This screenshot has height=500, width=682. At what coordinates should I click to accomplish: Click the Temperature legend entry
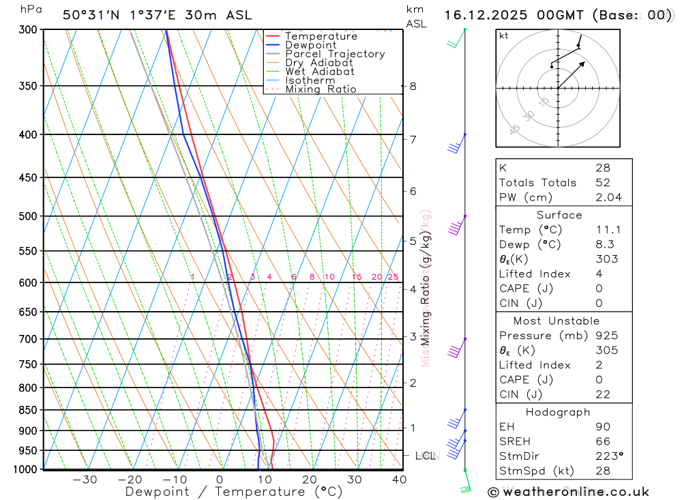(x=321, y=37)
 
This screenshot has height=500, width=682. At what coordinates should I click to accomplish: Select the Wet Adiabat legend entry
(x=319, y=72)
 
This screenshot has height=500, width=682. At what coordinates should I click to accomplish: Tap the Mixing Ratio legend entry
(x=321, y=89)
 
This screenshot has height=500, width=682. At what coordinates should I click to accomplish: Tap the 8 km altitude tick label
(x=413, y=87)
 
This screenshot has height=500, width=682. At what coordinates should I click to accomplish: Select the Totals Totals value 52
(x=602, y=183)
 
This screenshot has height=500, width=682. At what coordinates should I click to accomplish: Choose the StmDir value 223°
(x=608, y=456)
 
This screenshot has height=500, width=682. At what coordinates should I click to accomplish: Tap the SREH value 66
(x=602, y=441)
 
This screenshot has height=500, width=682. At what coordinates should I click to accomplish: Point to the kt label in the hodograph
(x=504, y=36)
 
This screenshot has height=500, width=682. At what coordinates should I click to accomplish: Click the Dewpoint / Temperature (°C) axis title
(x=234, y=492)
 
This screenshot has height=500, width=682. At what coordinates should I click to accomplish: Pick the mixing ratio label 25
(x=393, y=277)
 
